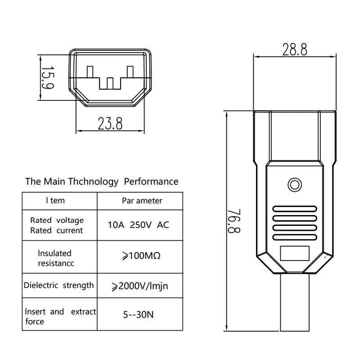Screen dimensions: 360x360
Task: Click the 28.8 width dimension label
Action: (x=295, y=49)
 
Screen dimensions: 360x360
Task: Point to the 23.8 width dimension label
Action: (x=110, y=123)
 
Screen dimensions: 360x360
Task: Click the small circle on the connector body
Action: (x=295, y=184)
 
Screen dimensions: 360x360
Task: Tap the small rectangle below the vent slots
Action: (x=295, y=255)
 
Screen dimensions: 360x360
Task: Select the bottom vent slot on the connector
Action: (x=295, y=237)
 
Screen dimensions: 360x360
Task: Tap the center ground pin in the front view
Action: (x=110, y=83)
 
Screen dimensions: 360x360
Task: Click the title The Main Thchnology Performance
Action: (x=102, y=182)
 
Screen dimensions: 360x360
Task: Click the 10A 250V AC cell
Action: (x=139, y=225)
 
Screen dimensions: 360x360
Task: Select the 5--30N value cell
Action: (x=138, y=315)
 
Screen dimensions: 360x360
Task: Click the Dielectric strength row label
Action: (x=59, y=285)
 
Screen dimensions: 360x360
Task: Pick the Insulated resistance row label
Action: (x=56, y=258)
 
